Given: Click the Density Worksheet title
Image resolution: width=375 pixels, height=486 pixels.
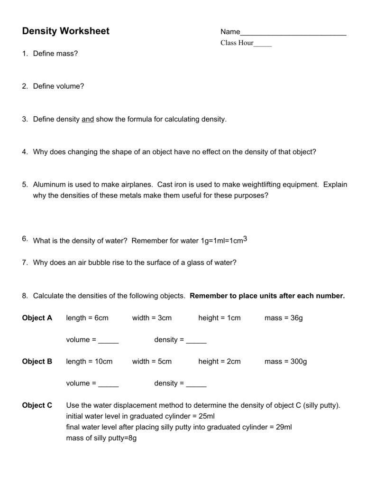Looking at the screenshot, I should [x=65, y=31].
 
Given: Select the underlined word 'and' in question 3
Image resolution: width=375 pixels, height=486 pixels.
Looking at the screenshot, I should [x=88, y=120].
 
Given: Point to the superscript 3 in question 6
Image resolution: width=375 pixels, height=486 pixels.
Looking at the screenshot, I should [x=245, y=239].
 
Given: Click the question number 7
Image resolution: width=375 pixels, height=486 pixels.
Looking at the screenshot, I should [x=25, y=262].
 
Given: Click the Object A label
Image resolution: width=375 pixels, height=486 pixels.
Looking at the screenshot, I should [x=37, y=318].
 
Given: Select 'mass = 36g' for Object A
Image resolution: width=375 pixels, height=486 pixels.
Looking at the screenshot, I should [x=283, y=318].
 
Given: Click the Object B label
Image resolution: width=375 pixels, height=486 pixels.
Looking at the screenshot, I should [x=37, y=362].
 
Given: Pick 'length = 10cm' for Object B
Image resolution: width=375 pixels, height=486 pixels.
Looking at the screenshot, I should [x=89, y=362].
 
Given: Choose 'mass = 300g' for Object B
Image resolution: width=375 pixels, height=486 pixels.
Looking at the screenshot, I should [x=285, y=362].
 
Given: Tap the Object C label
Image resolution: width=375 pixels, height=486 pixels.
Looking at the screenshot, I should [x=37, y=406].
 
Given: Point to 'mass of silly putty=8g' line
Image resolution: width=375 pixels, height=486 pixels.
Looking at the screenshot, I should [x=101, y=438].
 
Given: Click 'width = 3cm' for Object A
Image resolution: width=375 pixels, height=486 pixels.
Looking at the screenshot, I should [x=152, y=318].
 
